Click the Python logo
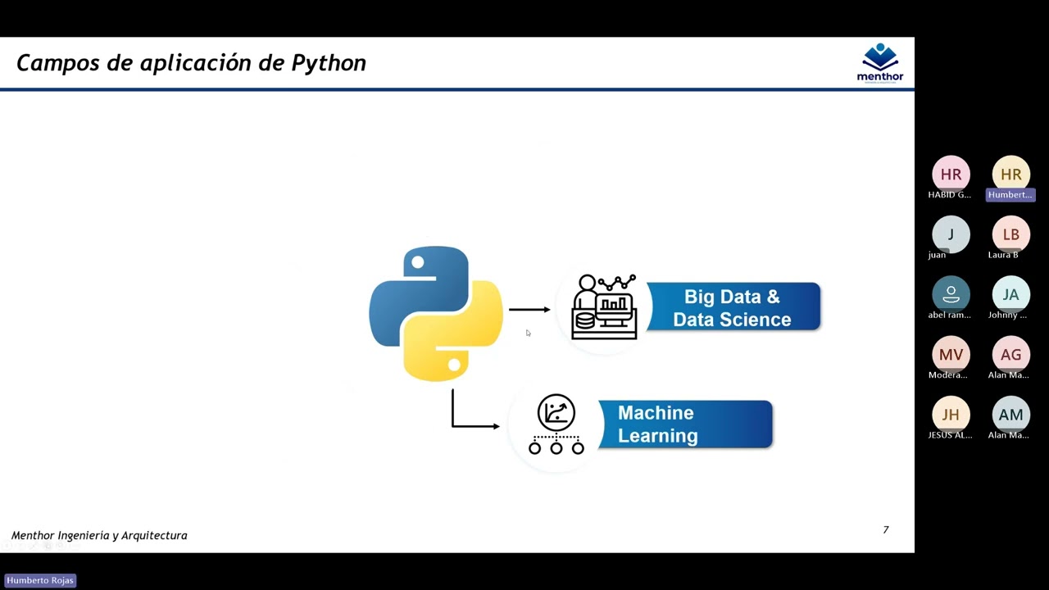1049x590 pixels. (436, 313)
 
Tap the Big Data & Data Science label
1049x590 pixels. (733, 307)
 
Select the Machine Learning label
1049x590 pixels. (684, 424)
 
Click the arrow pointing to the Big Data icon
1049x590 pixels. (529, 310)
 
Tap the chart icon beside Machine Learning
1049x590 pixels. (556, 424)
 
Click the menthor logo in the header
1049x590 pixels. (880, 63)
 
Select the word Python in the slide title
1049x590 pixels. (329, 63)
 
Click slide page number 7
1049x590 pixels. (885, 530)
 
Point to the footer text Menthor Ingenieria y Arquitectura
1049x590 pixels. (99, 536)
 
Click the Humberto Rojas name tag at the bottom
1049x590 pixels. (40, 580)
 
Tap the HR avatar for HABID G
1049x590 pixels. (951, 175)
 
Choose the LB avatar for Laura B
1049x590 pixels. (1010, 234)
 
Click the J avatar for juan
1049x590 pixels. (951, 234)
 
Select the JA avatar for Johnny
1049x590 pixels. (1010, 294)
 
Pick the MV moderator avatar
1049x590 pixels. (951, 354)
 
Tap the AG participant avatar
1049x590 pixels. (1010, 354)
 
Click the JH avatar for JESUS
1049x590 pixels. (951, 415)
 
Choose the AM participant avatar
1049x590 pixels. (1010, 415)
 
